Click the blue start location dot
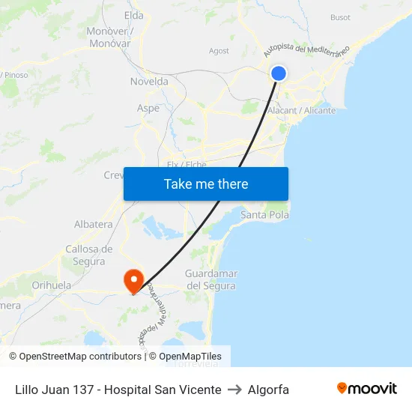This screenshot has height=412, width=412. click(x=278, y=73)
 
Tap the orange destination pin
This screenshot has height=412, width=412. click(x=134, y=281)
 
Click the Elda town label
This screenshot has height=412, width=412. click(x=133, y=15)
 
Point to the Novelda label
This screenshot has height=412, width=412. click(x=150, y=82)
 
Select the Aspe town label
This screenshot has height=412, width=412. click(x=148, y=108)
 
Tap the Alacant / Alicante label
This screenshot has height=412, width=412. click(x=302, y=110)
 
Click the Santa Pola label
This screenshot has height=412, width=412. click(x=264, y=215)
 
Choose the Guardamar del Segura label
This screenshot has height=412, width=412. click(x=210, y=279)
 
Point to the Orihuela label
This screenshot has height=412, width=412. click(x=52, y=285)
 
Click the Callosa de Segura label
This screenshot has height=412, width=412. click(x=88, y=255)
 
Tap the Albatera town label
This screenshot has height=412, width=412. click(x=94, y=224)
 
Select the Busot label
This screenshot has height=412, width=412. click(x=340, y=17)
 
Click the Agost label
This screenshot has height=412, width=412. click(x=219, y=51)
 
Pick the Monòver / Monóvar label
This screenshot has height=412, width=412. click(x=109, y=37)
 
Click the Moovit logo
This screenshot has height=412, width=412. click(x=367, y=388)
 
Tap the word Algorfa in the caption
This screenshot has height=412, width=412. click(x=268, y=390)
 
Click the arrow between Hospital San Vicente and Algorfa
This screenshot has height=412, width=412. click(x=234, y=390)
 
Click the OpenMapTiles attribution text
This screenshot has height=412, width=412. click(x=190, y=357)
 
